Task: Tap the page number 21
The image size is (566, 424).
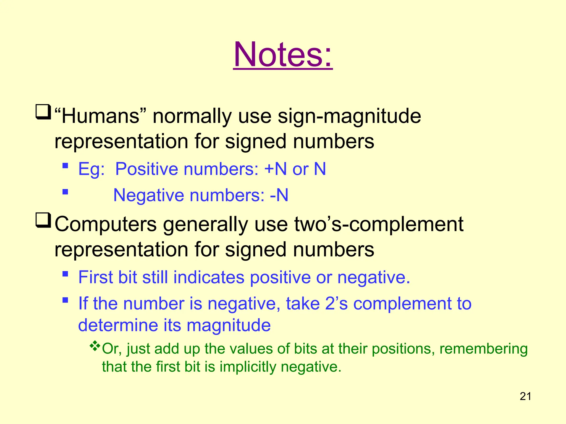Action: coord(525,396)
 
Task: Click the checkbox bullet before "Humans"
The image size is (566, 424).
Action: coord(43,112)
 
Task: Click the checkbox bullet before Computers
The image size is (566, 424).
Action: coord(43,220)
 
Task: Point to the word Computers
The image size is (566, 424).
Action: coord(106,224)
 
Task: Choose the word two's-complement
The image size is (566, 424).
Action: coord(379,224)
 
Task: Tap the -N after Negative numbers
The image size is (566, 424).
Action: coord(279,195)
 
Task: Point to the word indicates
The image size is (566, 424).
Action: coord(209,277)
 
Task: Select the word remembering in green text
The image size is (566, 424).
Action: coord(483,349)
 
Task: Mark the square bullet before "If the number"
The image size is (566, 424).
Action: coord(65,300)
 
